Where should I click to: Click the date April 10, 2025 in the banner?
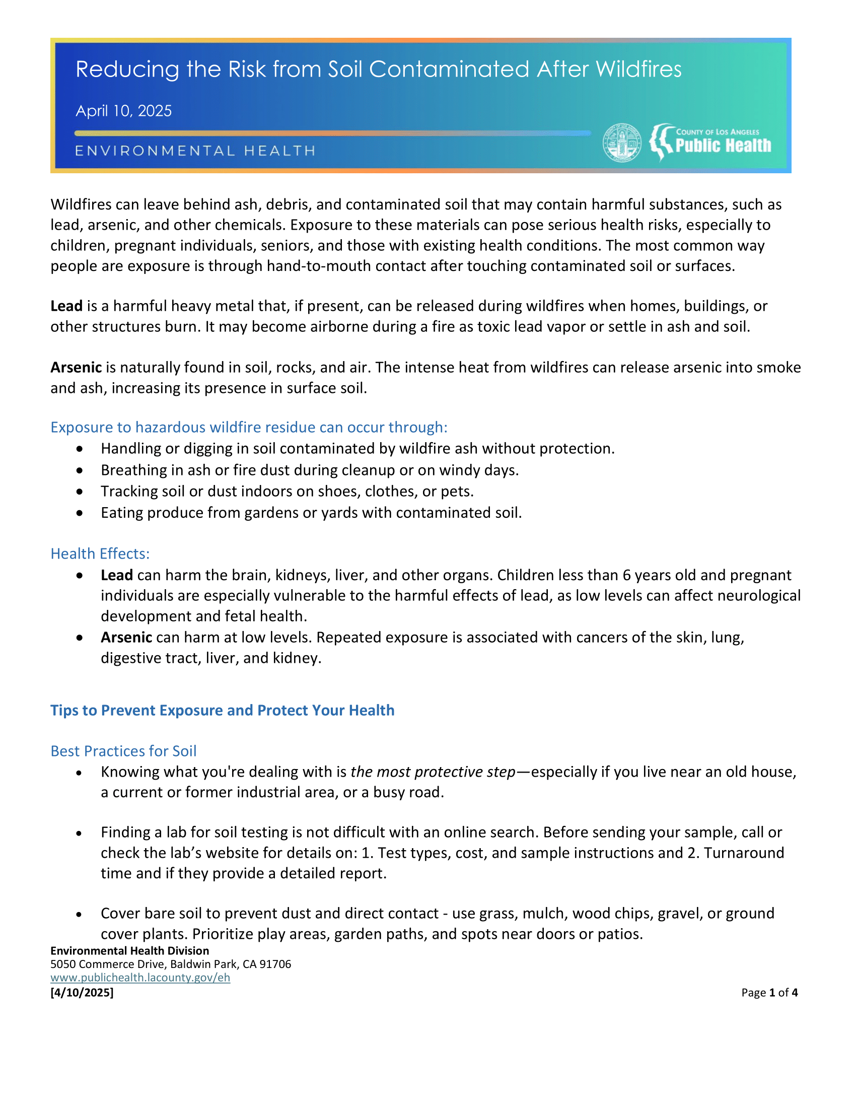pos(124,111)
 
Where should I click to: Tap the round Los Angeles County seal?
pos(622,143)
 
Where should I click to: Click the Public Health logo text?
pos(723,146)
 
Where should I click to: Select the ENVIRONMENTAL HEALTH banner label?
pos(195,151)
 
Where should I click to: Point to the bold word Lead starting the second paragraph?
pos(66,306)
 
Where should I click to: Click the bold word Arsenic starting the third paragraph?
pos(76,367)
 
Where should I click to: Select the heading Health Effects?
pos(100,553)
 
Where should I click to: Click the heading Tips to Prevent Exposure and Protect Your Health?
pos(222,710)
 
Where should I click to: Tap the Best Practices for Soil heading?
pos(123,751)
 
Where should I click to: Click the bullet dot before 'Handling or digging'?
pos(80,449)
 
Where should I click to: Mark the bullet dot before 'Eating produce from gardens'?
pos(80,513)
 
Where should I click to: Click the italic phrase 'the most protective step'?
pos(433,772)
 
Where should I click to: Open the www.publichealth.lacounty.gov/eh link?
pos(140,978)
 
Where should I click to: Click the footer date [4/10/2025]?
pos(82,992)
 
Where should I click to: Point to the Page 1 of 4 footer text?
pos(769,992)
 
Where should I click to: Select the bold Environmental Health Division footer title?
pos(129,951)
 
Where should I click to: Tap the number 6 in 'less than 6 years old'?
pos(626,575)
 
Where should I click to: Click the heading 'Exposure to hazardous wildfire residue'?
pos(248,427)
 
